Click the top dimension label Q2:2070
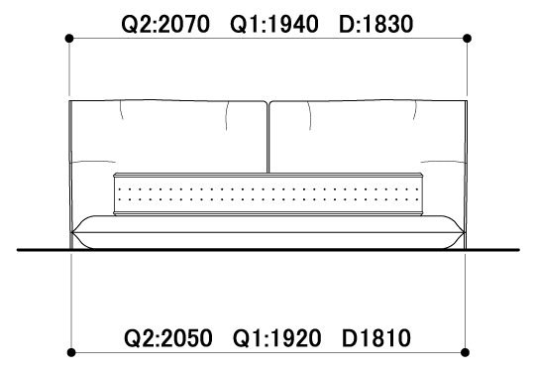[x=165, y=25]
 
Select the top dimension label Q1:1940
[x=274, y=25]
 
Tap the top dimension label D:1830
[x=376, y=25]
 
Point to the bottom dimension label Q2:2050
[x=167, y=338]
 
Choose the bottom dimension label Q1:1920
[x=276, y=338]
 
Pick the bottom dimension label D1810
[x=376, y=338]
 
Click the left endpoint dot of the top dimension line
[x=69, y=38]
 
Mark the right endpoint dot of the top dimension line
[x=467, y=38]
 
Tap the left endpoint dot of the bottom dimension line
[x=71, y=352]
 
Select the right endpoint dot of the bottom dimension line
[x=465, y=352]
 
